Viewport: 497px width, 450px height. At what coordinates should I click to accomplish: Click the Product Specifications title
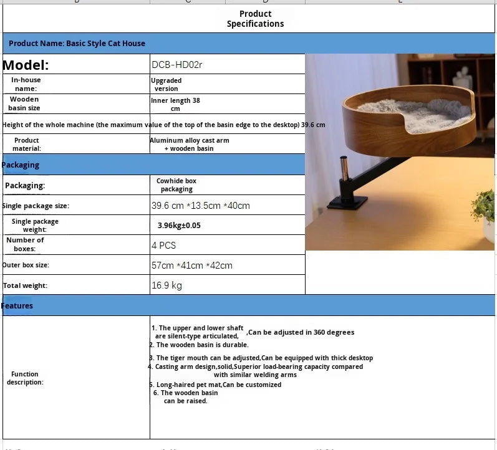click(x=255, y=19)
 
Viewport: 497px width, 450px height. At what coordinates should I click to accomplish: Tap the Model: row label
click(x=26, y=65)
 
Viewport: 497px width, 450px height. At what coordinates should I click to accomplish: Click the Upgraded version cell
click(x=166, y=84)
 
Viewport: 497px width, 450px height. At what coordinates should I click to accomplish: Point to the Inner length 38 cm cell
click(x=175, y=104)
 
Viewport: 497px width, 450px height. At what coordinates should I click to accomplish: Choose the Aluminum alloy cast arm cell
click(x=190, y=144)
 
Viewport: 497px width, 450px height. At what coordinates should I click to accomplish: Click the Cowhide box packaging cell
click(x=176, y=185)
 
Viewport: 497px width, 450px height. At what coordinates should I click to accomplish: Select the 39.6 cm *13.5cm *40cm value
click(x=200, y=206)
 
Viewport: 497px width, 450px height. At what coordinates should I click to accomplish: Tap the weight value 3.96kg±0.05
click(x=179, y=225)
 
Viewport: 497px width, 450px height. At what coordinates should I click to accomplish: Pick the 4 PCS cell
click(x=164, y=246)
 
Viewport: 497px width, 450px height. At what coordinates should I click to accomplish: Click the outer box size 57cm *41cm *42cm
click(x=192, y=266)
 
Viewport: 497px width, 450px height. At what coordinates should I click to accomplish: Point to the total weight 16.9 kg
click(x=166, y=285)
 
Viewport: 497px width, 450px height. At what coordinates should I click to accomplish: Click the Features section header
click(x=17, y=305)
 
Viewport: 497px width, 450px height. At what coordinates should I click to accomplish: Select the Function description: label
click(x=25, y=378)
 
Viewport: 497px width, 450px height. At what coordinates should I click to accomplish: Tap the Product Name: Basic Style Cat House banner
click(x=77, y=43)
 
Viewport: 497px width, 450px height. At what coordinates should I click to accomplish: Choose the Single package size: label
click(x=36, y=206)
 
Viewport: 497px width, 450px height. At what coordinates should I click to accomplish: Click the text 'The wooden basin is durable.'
click(x=202, y=345)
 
